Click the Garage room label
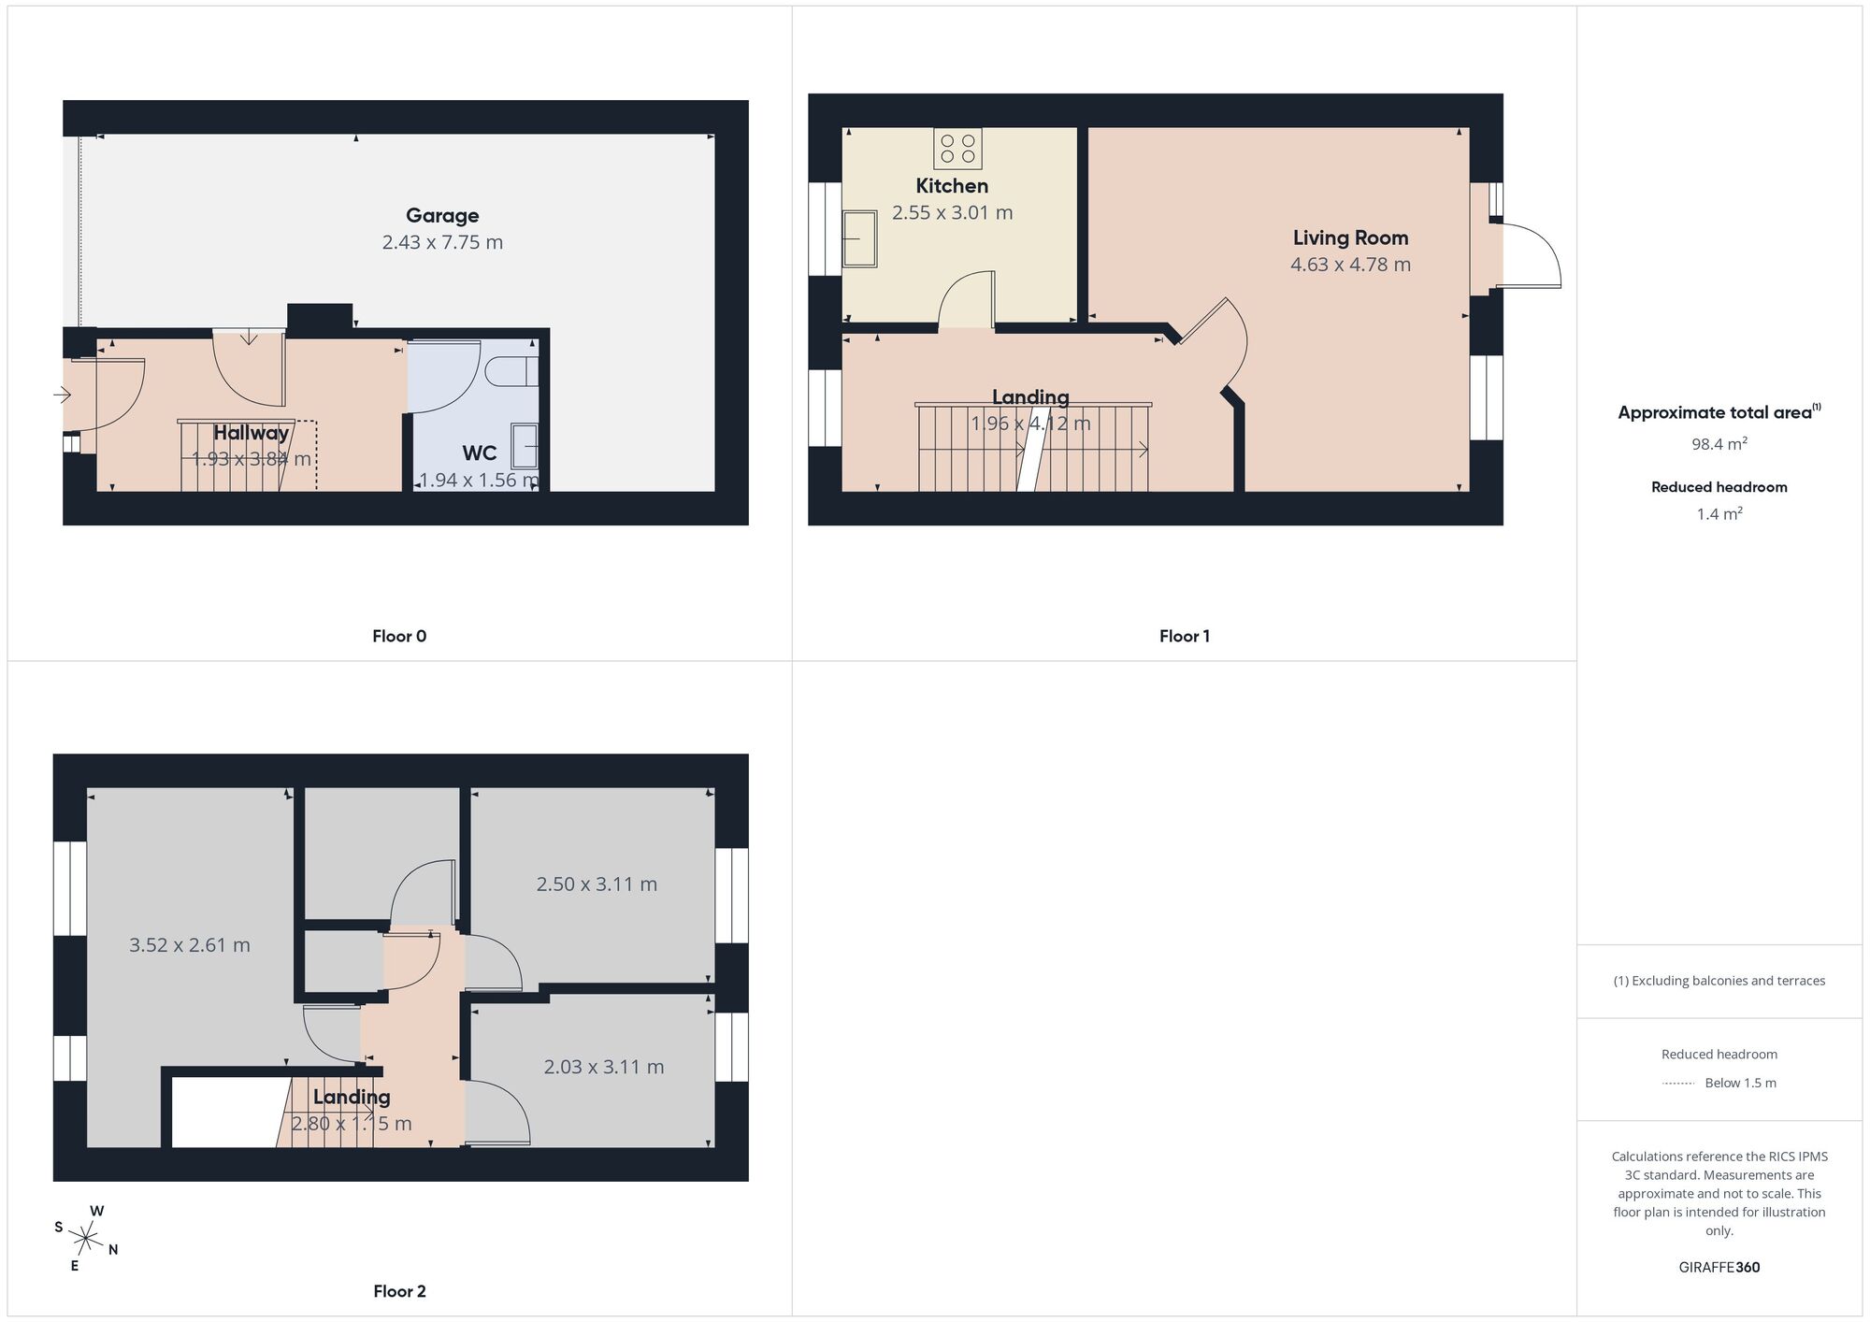click(442, 216)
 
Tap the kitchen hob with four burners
click(958, 149)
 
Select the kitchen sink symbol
click(859, 238)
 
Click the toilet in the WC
click(512, 370)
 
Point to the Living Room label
click(1350, 238)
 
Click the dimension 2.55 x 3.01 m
click(952, 213)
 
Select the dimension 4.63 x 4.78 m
click(1350, 265)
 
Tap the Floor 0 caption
click(399, 637)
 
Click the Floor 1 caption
click(1184, 637)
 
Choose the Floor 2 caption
click(399, 1291)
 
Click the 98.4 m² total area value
click(1719, 444)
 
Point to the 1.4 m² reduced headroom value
click(1719, 514)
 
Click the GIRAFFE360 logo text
click(1719, 1268)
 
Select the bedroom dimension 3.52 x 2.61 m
click(190, 945)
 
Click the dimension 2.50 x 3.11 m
click(597, 884)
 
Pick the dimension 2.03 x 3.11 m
click(604, 1067)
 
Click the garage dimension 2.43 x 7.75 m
click(442, 243)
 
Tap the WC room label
click(479, 453)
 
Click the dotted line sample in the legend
click(1678, 1084)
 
